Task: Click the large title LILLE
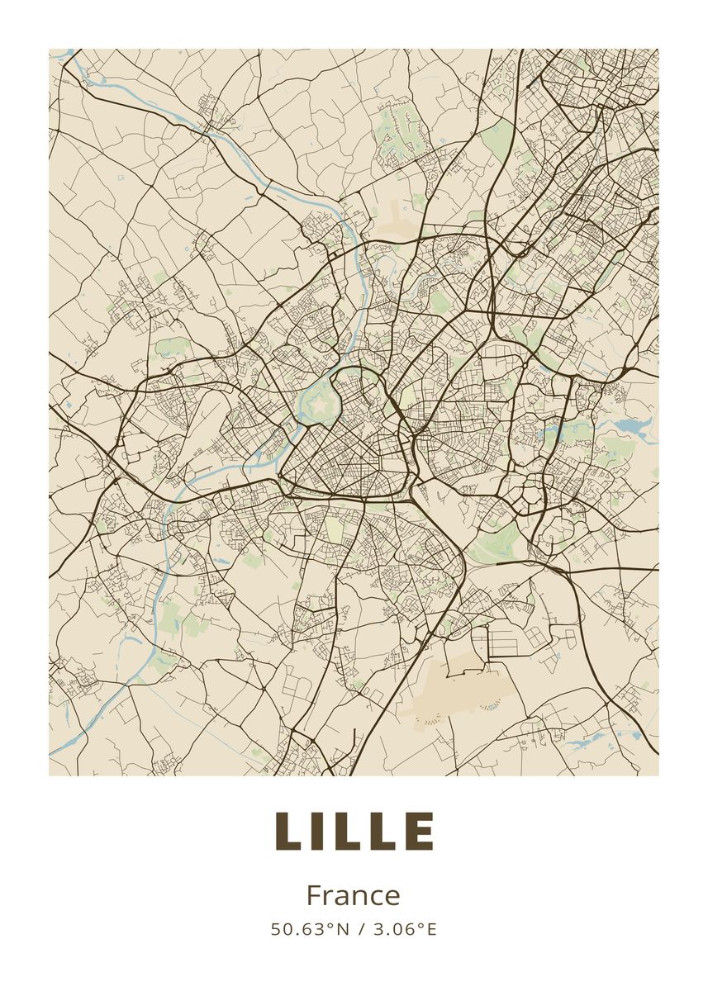[354, 831]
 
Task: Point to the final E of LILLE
[421, 831]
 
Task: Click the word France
[354, 896]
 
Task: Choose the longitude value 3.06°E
[403, 929]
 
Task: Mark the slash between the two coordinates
[359, 929]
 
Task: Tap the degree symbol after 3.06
[421, 925]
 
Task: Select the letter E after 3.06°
[430, 929]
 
